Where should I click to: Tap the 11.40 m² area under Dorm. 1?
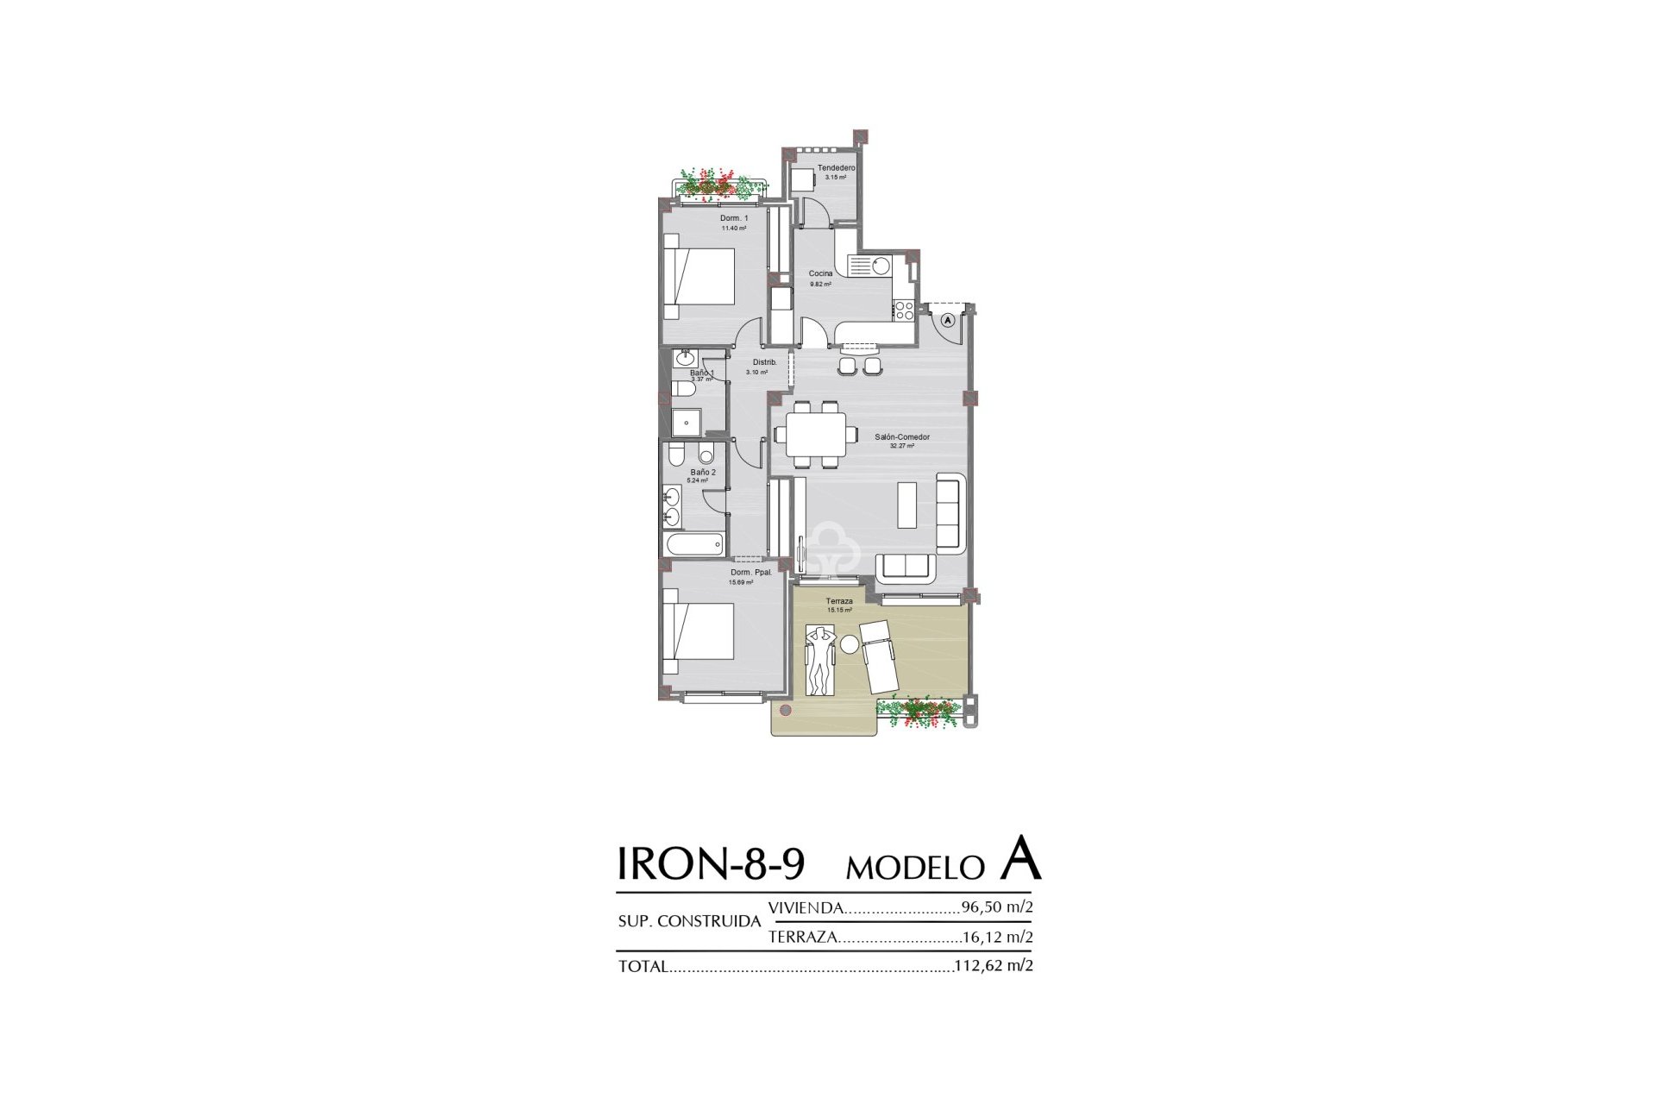point(733,229)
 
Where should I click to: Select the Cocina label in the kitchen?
point(820,273)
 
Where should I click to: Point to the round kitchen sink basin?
point(880,266)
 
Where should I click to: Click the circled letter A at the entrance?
point(947,320)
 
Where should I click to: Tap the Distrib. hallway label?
point(764,362)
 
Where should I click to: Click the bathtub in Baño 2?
point(693,544)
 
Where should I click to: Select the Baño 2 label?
point(701,473)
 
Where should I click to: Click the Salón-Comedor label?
point(901,437)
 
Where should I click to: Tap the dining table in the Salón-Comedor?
point(816,436)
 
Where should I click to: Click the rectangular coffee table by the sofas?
point(907,505)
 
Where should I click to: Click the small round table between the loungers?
point(850,644)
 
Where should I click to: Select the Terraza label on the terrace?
point(838,601)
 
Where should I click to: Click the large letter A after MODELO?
point(1021,859)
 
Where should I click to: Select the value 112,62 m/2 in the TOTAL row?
point(994,966)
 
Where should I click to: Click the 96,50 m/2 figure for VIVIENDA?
point(996,907)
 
